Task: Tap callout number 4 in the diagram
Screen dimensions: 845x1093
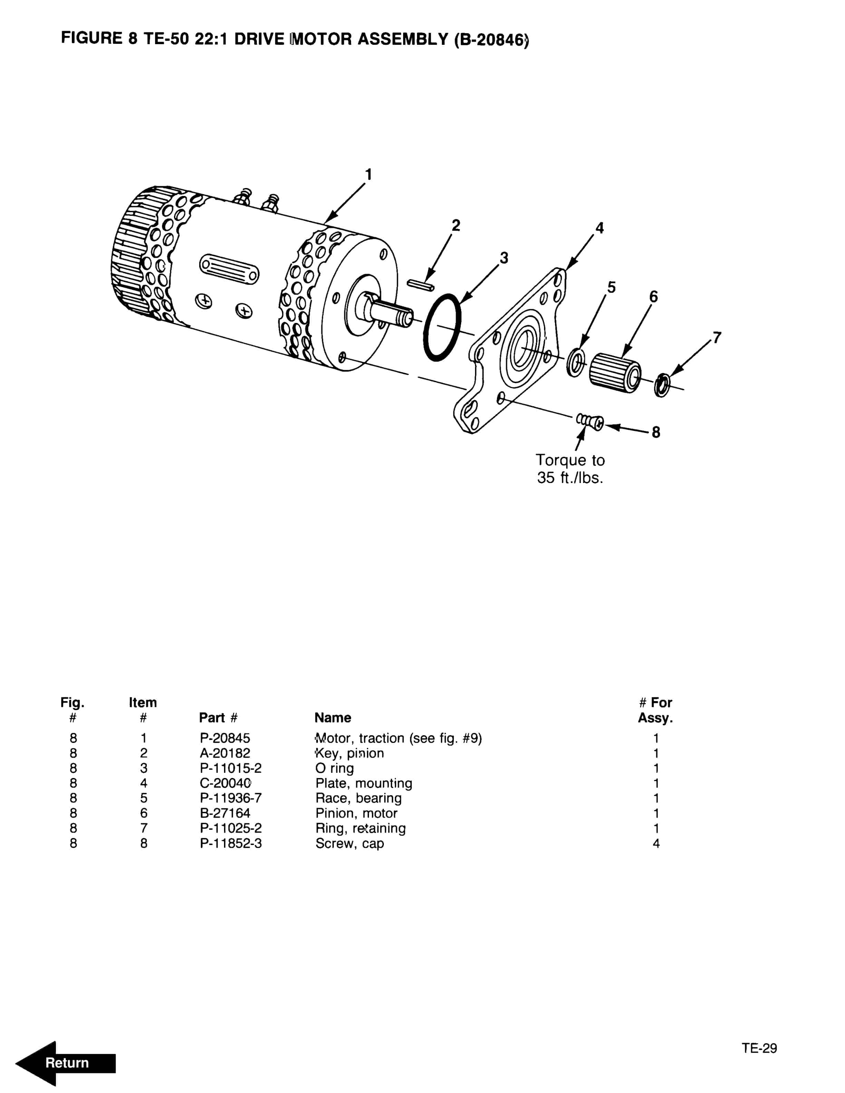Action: click(x=599, y=228)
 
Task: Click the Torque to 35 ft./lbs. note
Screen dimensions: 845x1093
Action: click(x=570, y=469)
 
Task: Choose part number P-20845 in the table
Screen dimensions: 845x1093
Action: click(x=225, y=738)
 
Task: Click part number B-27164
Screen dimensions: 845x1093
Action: click(x=225, y=813)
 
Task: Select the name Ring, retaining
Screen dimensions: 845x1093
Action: click(x=360, y=828)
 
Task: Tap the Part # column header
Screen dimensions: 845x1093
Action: click(x=218, y=718)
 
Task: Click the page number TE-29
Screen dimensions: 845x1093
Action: click(x=759, y=1048)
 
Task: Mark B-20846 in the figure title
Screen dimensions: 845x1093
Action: click(x=491, y=40)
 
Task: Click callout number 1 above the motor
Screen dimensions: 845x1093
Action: click(x=368, y=175)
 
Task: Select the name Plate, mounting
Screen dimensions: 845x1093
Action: click(x=363, y=783)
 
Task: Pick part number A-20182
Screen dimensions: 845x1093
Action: click(x=225, y=753)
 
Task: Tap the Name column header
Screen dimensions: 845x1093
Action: click(x=332, y=718)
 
